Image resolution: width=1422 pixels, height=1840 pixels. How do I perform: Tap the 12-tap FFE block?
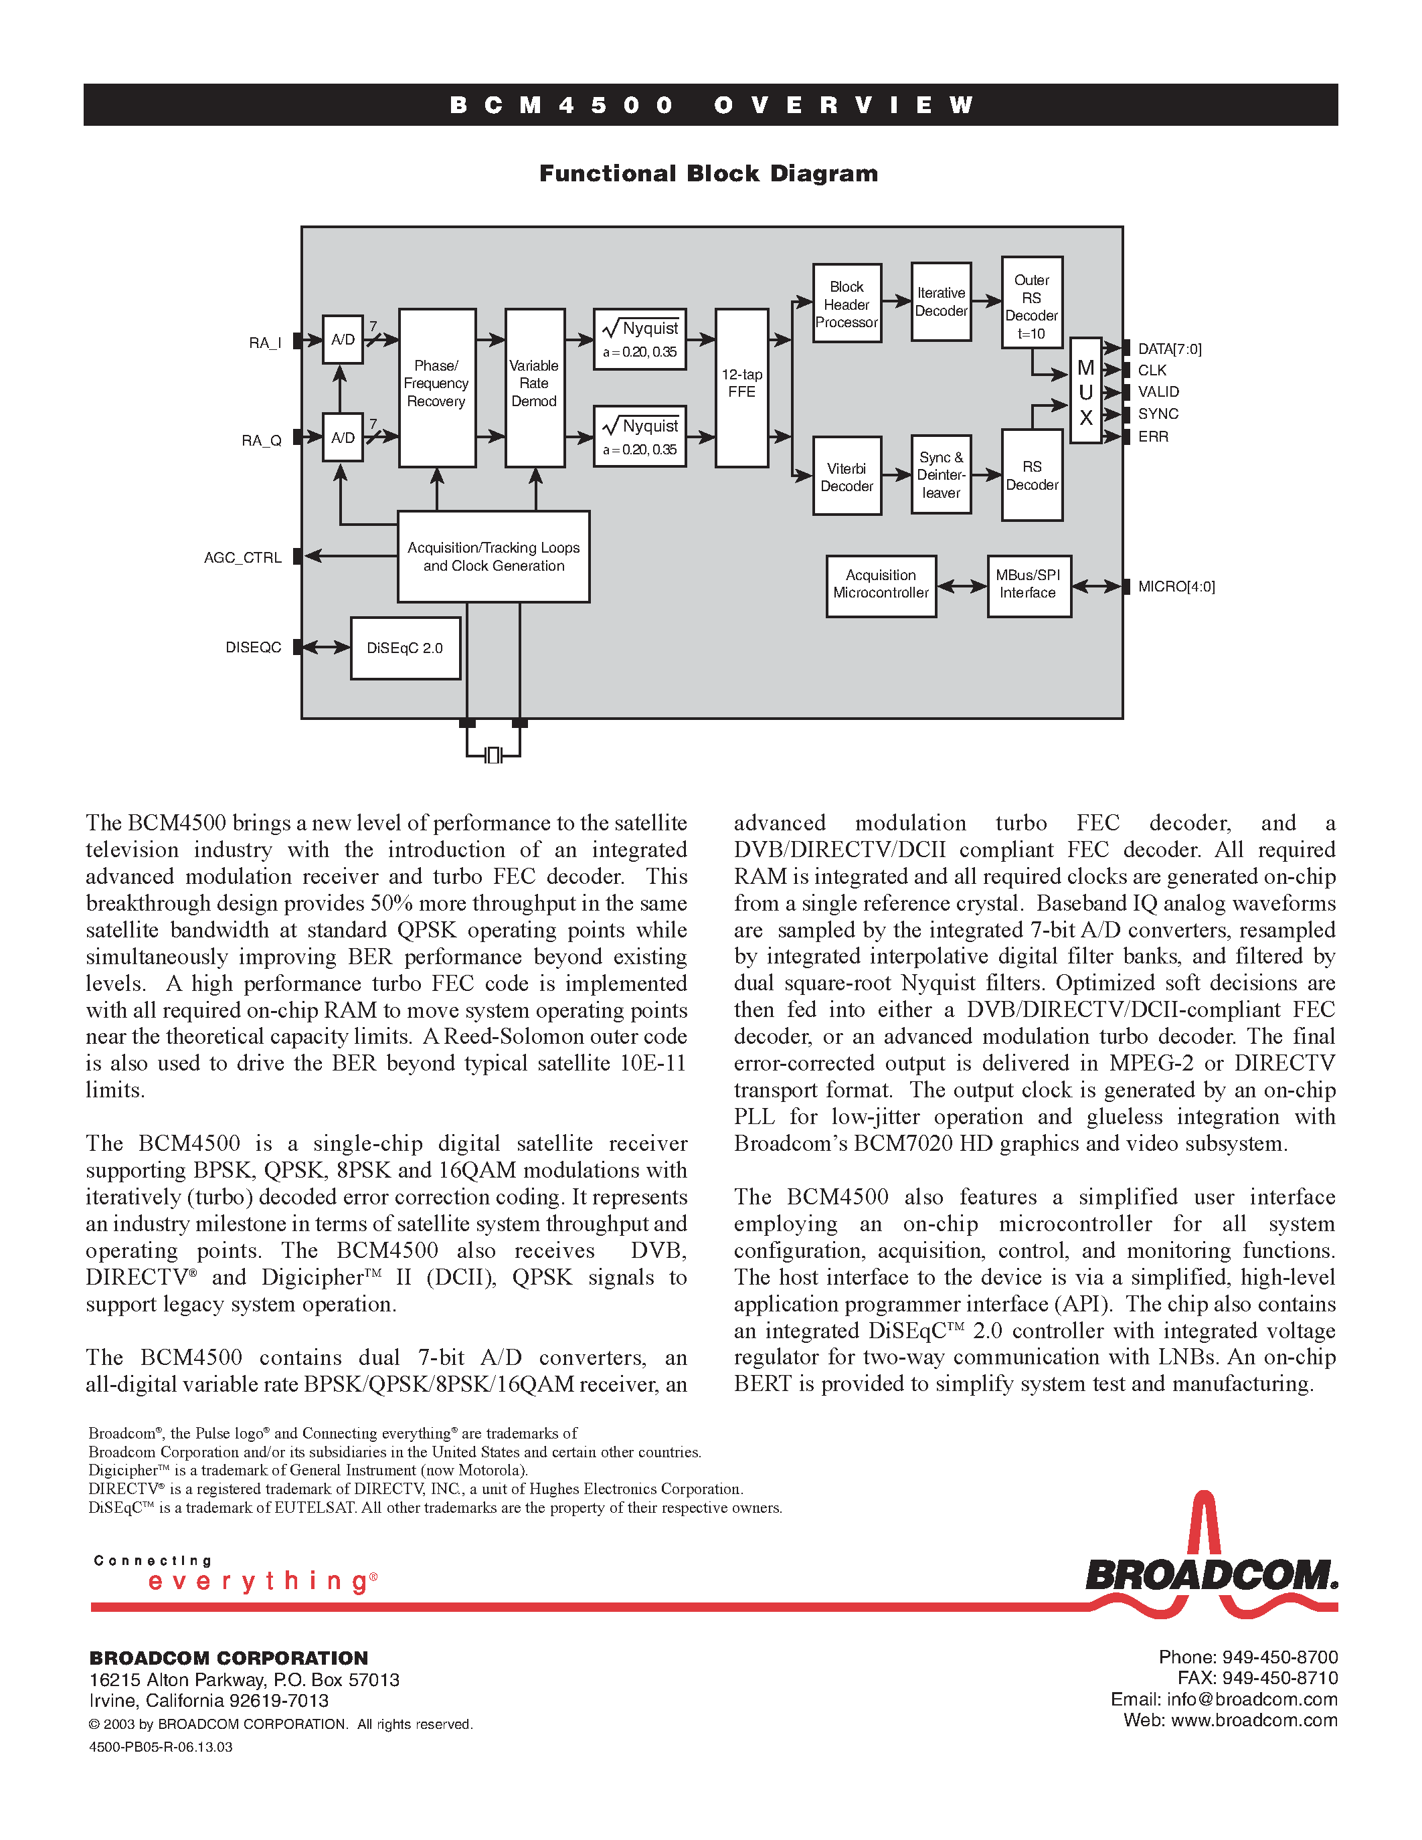pyautogui.click(x=741, y=387)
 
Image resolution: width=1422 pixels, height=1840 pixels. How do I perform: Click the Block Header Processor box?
pyautogui.click(x=847, y=303)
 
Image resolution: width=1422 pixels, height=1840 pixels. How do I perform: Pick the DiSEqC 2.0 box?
pyautogui.click(x=406, y=648)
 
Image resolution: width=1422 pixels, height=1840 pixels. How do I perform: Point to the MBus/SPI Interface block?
pyautogui.click(x=1029, y=585)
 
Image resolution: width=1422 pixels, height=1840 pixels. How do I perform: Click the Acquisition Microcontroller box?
pyautogui.click(x=881, y=585)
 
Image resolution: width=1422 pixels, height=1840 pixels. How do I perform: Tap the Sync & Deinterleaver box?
pyautogui.click(x=941, y=474)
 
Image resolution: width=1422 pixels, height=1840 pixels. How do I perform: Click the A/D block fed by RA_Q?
pyautogui.click(x=343, y=438)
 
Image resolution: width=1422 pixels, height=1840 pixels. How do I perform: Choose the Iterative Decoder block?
pyautogui.click(x=941, y=302)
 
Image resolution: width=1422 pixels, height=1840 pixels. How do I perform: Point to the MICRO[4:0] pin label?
pyautogui.click(x=1176, y=586)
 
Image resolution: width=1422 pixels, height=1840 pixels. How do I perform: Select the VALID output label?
pyautogui.click(x=1158, y=392)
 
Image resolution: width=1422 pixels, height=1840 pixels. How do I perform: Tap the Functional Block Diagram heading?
pyautogui.click(x=709, y=173)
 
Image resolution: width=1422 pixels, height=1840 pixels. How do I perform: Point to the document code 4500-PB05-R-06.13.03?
pyautogui.click(x=161, y=1746)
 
